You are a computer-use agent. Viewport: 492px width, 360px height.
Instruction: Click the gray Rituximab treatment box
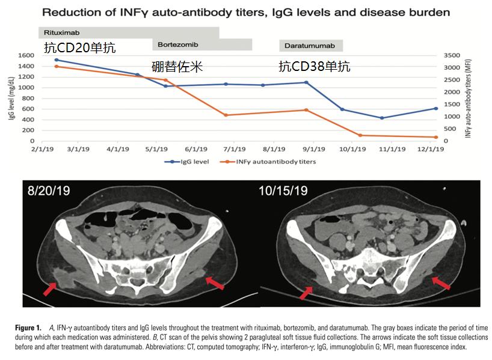tap(129, 32)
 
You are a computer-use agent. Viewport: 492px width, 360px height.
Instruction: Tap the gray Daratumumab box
tap(310, 46)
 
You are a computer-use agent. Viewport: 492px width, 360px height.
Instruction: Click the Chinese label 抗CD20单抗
tap(79, 48)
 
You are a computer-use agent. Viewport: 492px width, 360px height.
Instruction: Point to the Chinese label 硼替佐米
tap(177, 67)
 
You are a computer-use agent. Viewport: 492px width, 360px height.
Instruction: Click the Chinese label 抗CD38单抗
tap(314, 67)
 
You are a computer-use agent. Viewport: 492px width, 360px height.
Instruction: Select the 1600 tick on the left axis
tap(25, 55)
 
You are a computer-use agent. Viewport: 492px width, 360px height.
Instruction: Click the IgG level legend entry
tap(188, 162)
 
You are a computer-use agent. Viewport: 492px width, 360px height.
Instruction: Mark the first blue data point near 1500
tap(56, 60)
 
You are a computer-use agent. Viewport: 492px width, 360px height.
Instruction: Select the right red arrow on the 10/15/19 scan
tap(441, 282)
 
